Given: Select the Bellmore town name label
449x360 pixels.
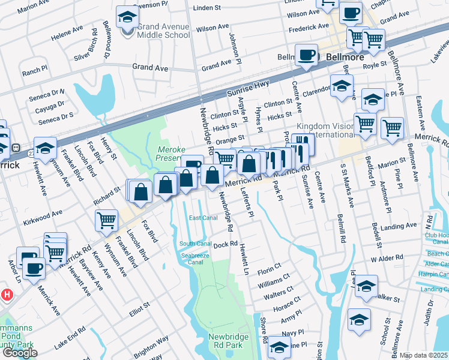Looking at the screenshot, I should (346, 57).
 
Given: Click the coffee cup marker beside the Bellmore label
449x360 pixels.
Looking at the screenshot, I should (307, 56).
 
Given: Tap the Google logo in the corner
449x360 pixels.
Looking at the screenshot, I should (20, 353).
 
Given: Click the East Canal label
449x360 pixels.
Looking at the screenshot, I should (203, 218).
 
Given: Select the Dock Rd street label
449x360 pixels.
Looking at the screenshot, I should (221, 245).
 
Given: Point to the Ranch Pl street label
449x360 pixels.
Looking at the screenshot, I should (34, 72).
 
